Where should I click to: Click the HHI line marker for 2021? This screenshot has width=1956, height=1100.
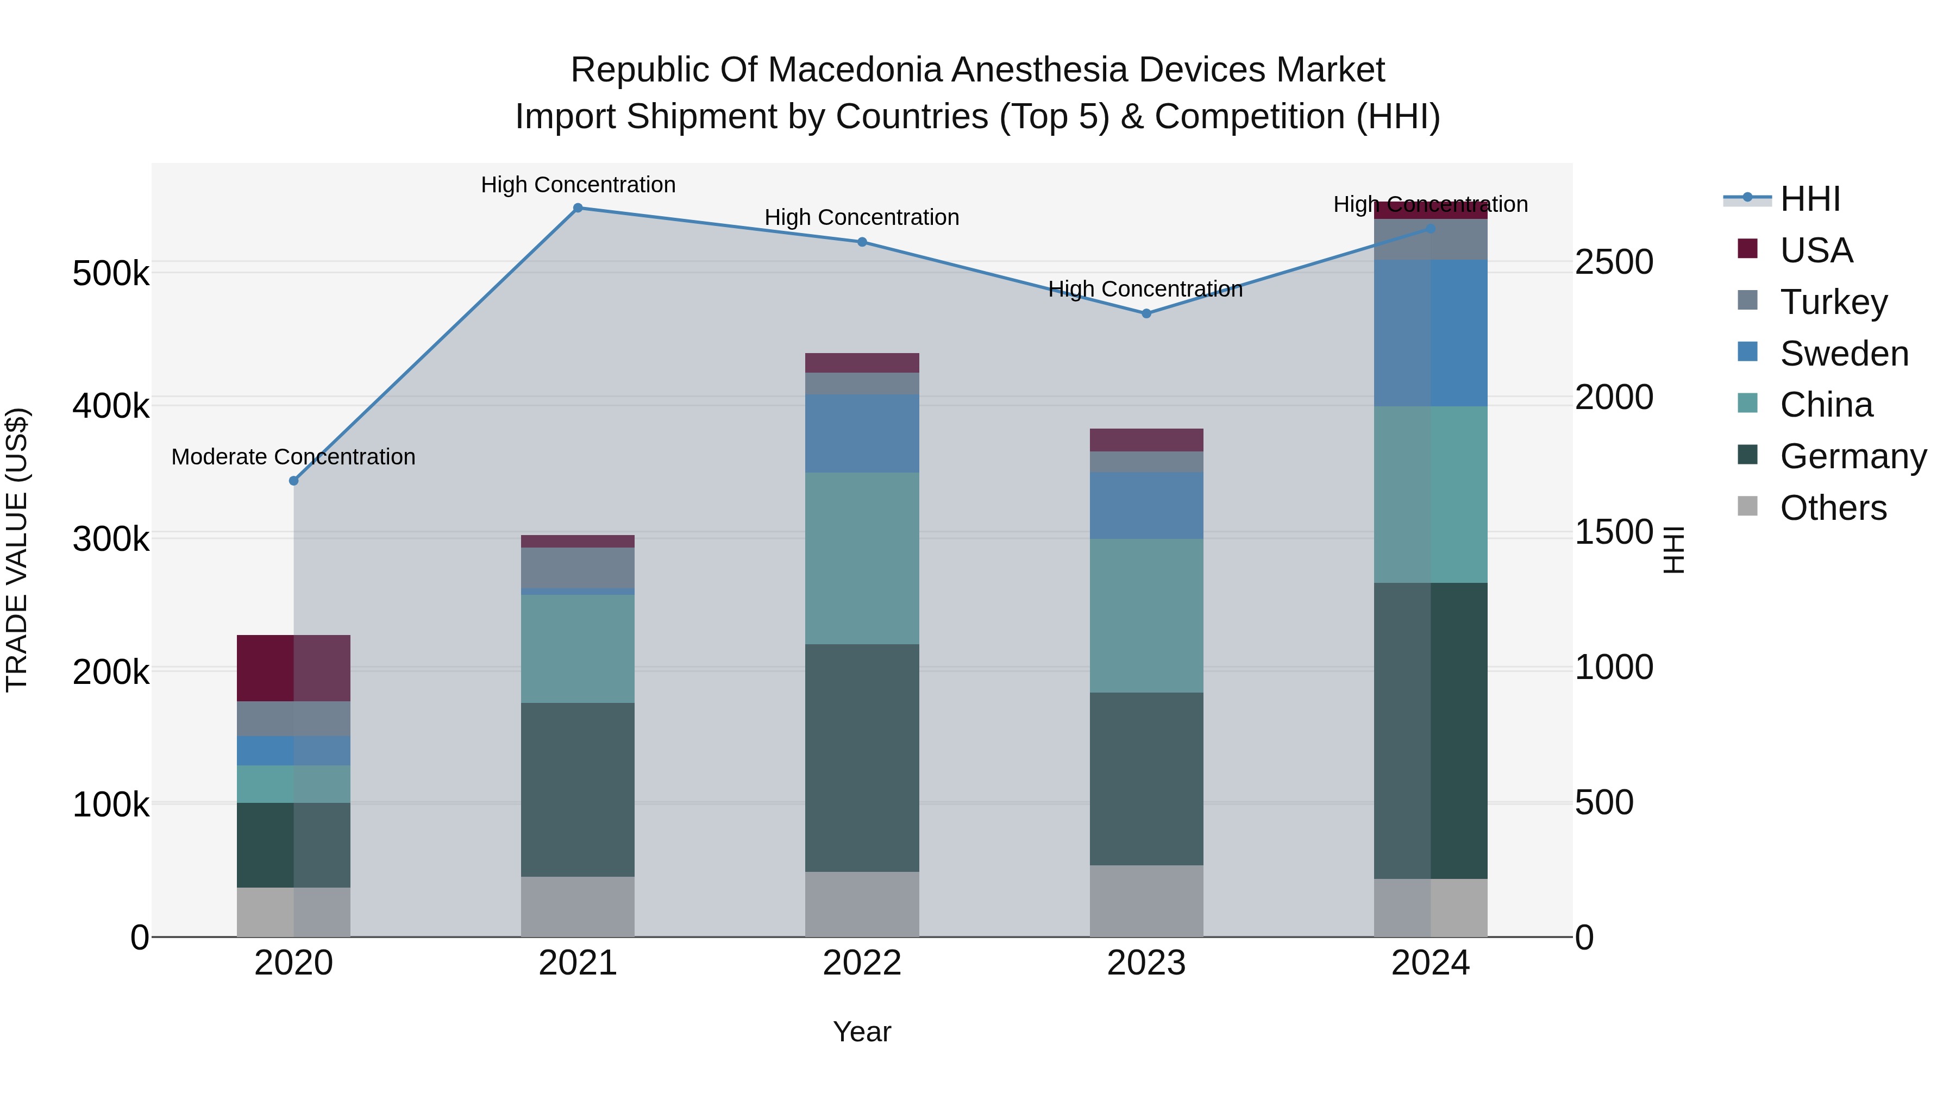click(x=578, y=208)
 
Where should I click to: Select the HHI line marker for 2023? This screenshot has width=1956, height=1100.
click(x=1146, y=313)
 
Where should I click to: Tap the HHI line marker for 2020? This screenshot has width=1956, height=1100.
click(x=294, y=481)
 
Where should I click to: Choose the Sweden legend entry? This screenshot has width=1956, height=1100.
click(x=1843, y=354)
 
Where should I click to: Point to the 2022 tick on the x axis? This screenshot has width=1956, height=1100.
click(x=862, y=963)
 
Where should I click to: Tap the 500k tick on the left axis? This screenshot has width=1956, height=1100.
click(x=111, y=273)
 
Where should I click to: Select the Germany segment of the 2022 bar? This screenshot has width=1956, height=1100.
click(x=862, y=758)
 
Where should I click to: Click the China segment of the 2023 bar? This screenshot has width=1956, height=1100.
click(x=1146, y=615)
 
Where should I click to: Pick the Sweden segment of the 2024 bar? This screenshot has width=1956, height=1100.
click(x=1431, y=332)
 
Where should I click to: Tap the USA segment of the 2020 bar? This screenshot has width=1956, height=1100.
click(x=294, y=668)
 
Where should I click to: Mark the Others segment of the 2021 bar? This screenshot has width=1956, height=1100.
click(x=578, y=907)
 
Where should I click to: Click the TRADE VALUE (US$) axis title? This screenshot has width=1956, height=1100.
click(x=17, y=550)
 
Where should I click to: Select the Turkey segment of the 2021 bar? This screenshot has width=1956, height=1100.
click(x=578, y=567)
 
